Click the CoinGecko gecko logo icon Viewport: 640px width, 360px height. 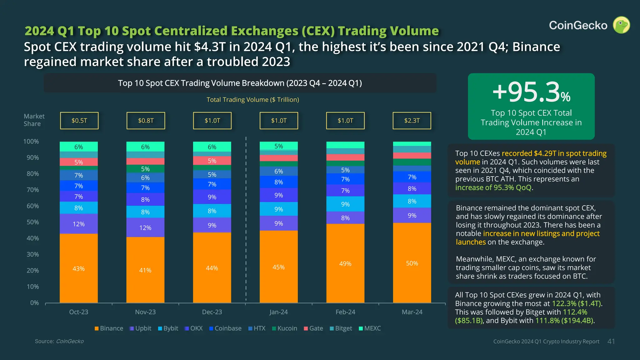click(621, 25)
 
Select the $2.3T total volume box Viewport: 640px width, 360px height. click(412, 121)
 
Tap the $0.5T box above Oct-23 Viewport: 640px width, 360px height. click(79, 121)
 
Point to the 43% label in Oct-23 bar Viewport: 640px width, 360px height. click(78, 269)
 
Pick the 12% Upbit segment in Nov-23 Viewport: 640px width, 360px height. click(145, 228)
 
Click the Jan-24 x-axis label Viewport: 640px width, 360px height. click(278, 312)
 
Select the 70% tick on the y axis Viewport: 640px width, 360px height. click(32, 190)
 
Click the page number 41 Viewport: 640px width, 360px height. click(611, 342)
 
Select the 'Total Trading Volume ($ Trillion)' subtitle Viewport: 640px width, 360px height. click(252, 100)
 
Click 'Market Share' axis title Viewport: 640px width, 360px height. click(34, 120)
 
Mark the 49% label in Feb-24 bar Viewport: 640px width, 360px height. click(345, 264)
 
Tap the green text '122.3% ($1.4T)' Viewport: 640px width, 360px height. click(577, 303)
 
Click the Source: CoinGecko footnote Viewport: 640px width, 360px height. click(59, 341)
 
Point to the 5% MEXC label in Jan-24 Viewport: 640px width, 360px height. click(278, 146)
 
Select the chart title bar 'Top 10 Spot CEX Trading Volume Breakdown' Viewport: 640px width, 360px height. click(240, 83)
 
